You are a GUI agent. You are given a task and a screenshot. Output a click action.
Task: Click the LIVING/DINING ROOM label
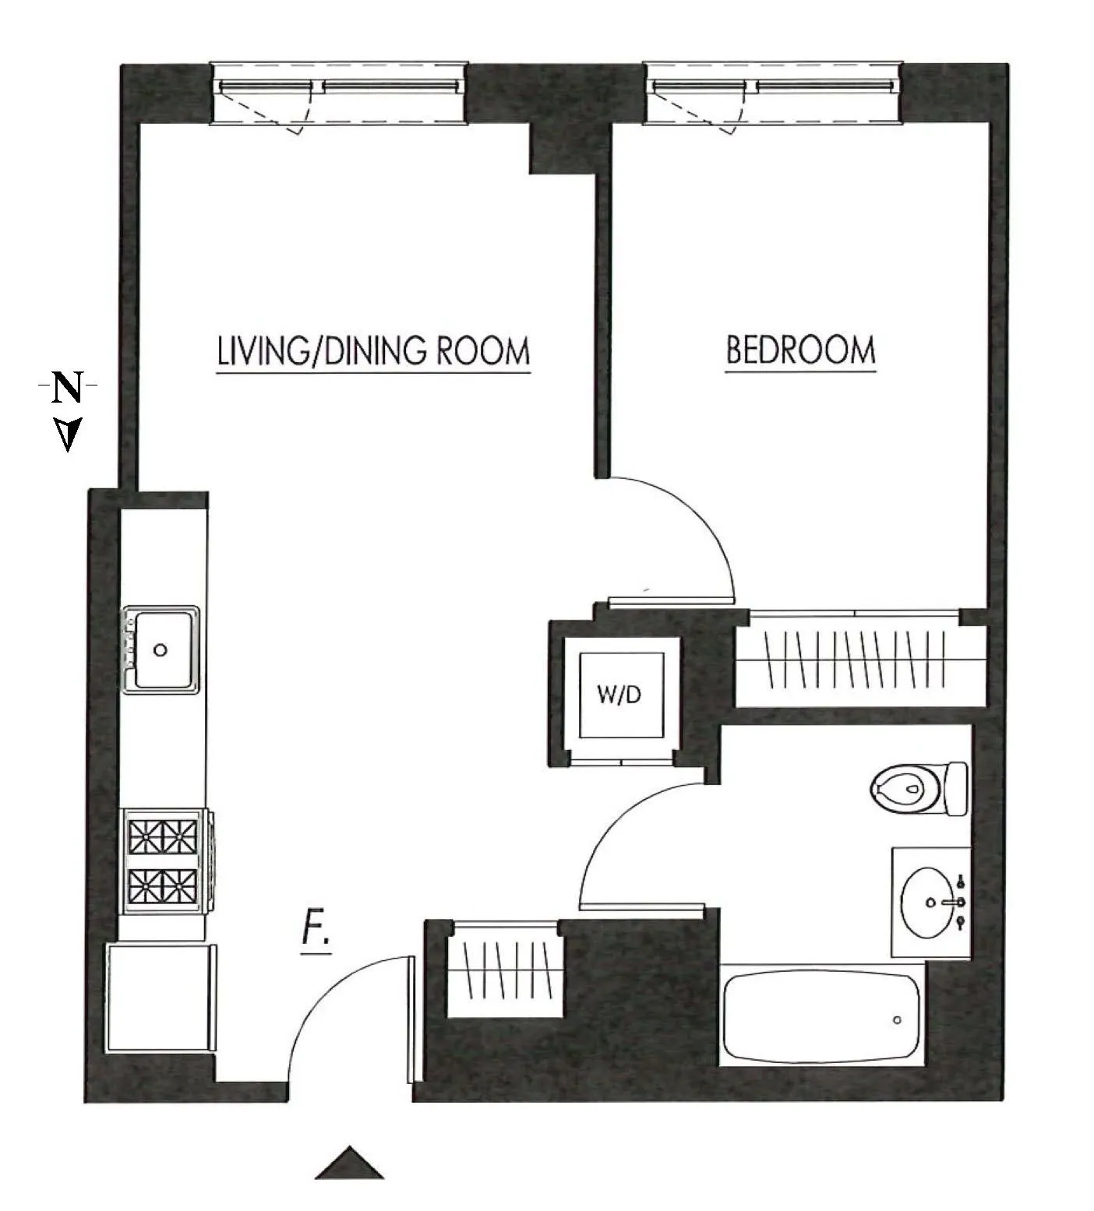pos(373,351)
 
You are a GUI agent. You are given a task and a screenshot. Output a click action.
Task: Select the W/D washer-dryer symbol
pos(620,694)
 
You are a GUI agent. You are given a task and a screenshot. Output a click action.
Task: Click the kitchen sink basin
pos(161,650)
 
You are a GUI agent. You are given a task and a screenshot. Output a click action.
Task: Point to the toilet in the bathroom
pos(917,788)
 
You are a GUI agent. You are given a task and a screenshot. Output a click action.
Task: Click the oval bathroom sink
pos(929,902)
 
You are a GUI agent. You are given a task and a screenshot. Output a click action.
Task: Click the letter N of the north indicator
pos(68,387)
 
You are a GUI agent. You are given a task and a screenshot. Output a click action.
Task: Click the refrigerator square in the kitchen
pos(160,997)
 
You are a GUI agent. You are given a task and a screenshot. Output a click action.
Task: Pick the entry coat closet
pos(505,969)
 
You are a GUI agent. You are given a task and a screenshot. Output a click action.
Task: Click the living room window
pos(341,93)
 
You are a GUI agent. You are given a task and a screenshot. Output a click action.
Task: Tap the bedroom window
pos(774,93)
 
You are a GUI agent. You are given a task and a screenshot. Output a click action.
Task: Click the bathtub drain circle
pos(897,1019)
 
